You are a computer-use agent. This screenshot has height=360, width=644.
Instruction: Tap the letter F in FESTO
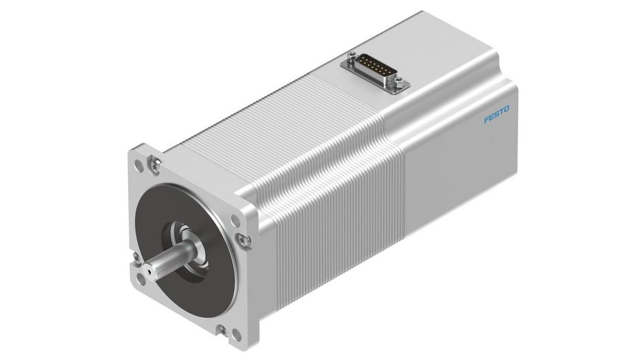tap(487, 119)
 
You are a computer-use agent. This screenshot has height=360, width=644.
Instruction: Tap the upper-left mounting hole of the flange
tap(139, 163)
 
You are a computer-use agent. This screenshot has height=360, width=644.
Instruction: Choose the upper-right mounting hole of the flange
tap(235, 221)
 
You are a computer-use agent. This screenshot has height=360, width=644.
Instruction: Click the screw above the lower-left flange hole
tap(134, 257)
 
